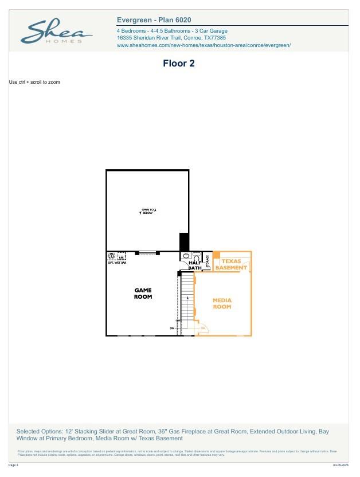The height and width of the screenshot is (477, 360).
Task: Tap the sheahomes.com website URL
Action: coord(204,45)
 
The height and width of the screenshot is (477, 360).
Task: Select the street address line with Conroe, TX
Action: coord(171,38)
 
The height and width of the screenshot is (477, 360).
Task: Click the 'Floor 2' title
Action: coord(179,64)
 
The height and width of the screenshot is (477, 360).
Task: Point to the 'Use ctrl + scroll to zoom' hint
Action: coord(34,83)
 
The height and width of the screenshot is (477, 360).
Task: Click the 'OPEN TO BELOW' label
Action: coord(148,212)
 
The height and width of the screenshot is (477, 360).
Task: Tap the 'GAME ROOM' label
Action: coord(143,294)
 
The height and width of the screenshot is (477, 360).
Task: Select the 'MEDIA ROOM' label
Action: coord(222,303)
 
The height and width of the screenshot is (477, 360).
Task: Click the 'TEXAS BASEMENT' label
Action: coord(232,264)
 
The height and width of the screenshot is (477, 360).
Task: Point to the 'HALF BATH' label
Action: coord(195,265)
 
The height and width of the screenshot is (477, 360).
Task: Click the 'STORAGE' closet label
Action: coord(208,261)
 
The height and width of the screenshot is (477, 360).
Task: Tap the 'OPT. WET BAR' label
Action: coord(116,263)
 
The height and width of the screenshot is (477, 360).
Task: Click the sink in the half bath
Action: coord(186,256)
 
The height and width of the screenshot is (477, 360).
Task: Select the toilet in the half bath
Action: coord(196,257)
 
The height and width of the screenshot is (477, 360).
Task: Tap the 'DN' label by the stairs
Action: coord(171,328)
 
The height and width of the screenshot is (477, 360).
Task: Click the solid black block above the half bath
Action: coord(184,241)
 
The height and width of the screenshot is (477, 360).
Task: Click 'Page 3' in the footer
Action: coord(14,465)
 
